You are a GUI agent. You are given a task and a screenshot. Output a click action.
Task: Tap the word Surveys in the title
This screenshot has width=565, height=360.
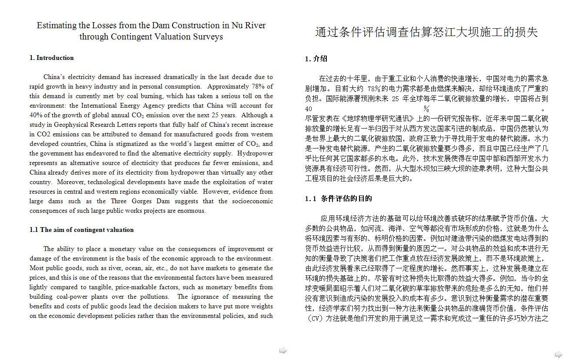[x=208, y=36]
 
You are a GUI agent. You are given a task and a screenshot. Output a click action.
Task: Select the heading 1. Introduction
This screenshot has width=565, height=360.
[x=51, y=58]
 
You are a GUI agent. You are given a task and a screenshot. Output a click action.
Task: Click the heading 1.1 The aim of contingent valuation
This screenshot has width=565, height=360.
[x=81, y=230]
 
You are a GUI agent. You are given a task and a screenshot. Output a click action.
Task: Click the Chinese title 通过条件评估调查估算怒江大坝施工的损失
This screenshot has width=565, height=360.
[x=426, y=33]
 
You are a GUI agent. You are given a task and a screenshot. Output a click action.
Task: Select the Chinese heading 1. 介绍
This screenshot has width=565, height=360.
[x=316, y=59]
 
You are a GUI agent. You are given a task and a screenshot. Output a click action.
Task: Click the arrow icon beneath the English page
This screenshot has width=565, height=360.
[x=283, y=350]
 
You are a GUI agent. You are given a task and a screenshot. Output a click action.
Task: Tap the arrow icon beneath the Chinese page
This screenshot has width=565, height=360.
[x=558, y=354]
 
